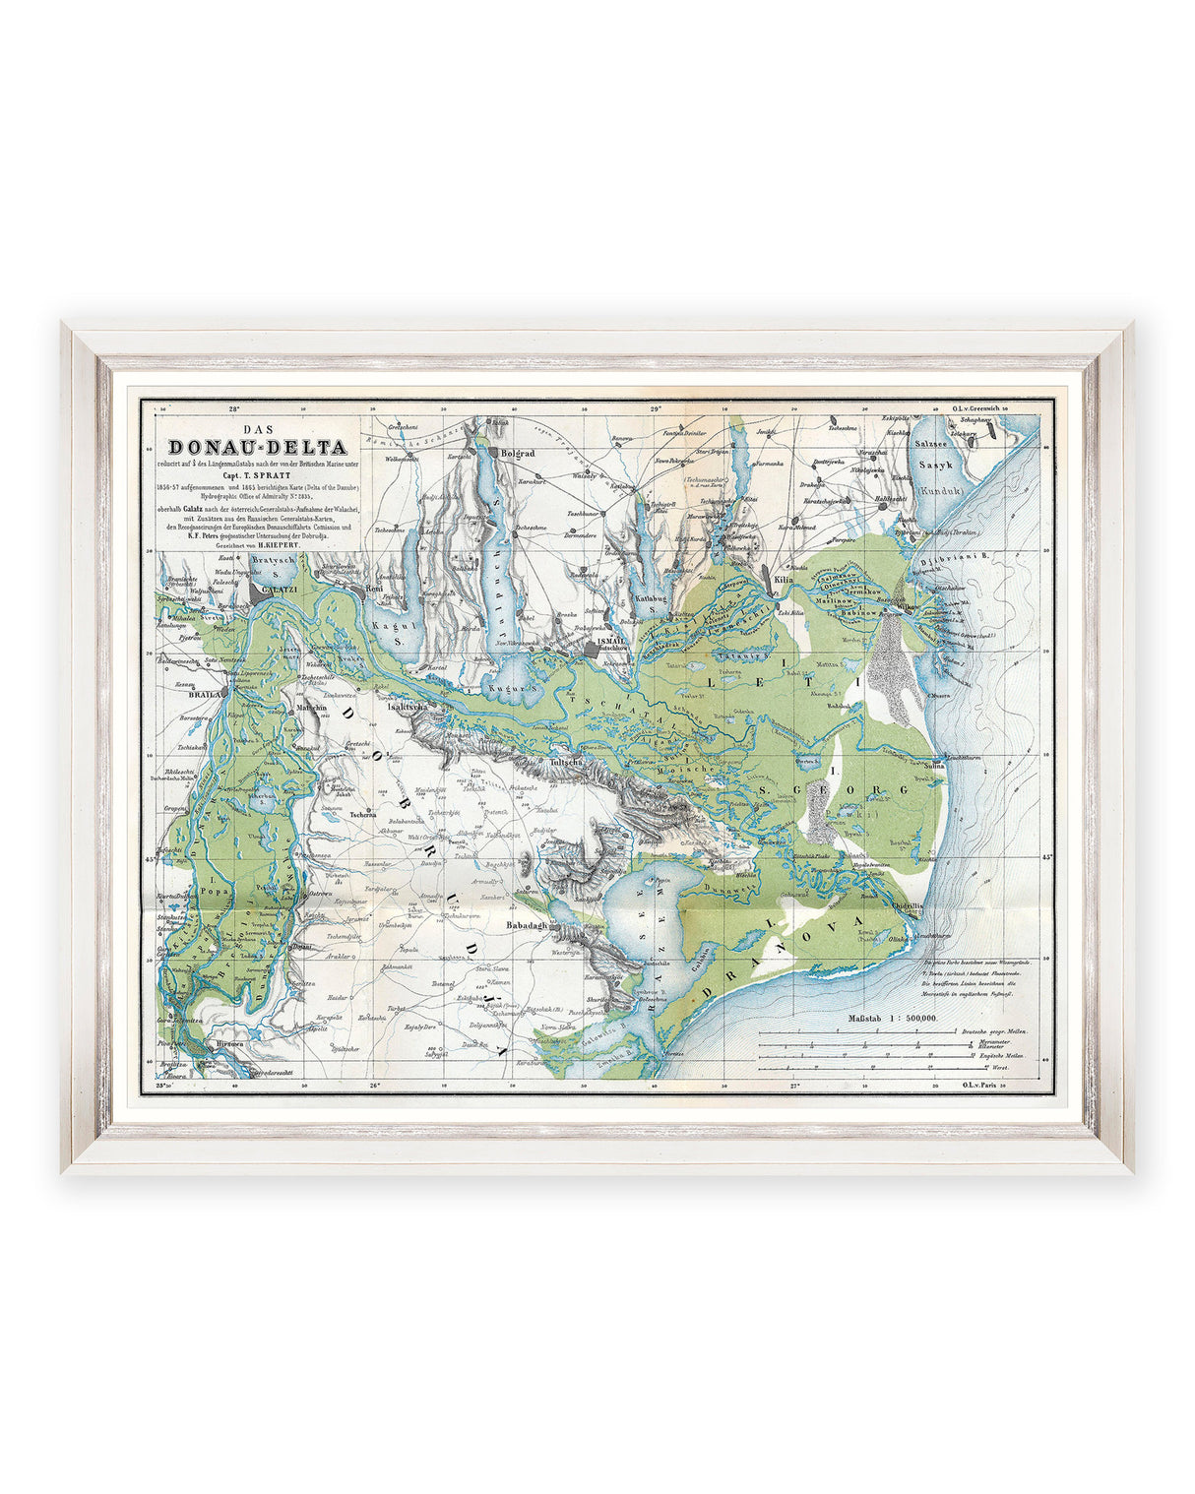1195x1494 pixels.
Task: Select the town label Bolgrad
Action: click(517, 455)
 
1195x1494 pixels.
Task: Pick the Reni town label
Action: click(373, 590)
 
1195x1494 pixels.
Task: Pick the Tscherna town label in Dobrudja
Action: click(361, 814)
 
